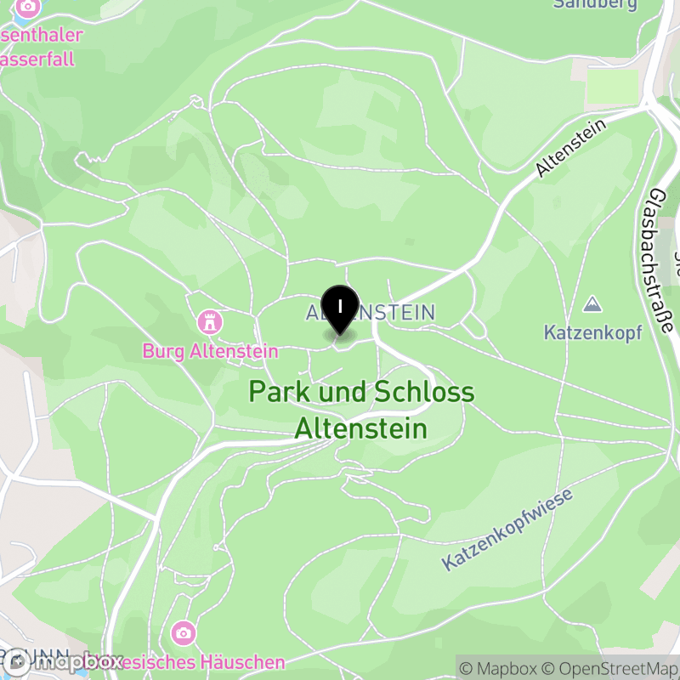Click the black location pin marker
340,308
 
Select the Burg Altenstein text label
211,350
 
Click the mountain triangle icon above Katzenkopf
592,303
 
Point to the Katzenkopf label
592,331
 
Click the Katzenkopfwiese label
508,530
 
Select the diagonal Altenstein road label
570,148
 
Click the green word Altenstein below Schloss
361,428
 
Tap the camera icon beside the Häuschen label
183,633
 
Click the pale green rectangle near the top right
613,85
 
